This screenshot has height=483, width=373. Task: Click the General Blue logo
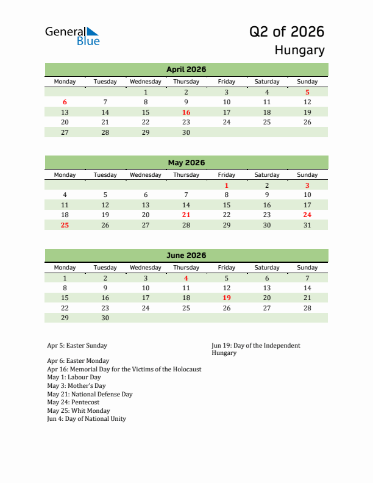click(x=72, y=36)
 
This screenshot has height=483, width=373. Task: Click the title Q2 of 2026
click(x=286, y=32)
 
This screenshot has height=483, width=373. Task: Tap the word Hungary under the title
click(x=299, y=50)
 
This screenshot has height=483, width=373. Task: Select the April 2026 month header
click(x=186, y=70)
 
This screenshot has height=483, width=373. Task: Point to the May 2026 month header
click(x=186, y=163)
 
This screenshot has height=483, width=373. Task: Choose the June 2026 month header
click(x=186, y=256)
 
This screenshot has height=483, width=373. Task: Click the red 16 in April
click(x=186, y=112)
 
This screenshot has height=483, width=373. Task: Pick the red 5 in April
click(x=307, y=92)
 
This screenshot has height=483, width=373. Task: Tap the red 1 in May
click(x=226, y=185)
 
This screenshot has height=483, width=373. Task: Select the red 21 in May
click(x=186, y=215)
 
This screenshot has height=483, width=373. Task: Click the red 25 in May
click(x=65, y=225)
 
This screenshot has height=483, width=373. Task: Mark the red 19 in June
click(x=226, y=298)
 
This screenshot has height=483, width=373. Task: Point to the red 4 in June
click(x=186, y=278)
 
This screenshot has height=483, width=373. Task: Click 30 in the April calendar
click(x=186, y=132)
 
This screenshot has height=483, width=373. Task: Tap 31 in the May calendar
click(x=307, y=225)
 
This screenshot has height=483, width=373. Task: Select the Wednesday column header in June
click(x=146, y=268)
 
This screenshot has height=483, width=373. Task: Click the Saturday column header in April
click(x=267, y=82)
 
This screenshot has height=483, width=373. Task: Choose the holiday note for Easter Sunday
click(x=77, y=346)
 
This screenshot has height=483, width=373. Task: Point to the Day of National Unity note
click(x=87, y=419)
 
